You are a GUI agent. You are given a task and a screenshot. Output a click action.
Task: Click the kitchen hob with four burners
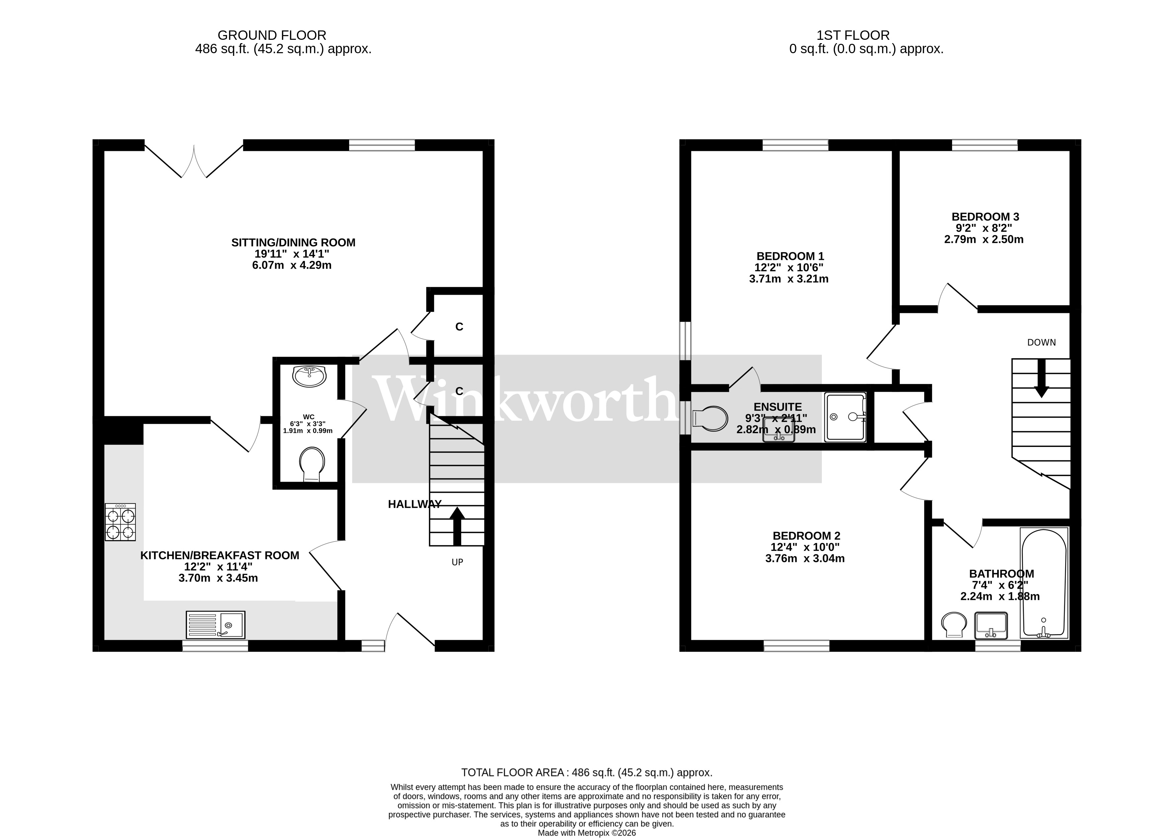pyautogui.click(x=120, y=522)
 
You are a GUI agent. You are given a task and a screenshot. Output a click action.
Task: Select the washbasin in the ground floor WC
pyautogui.click(x=309, y=376)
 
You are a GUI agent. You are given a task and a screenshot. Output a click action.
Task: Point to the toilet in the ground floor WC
pyautogui.click(x=312, y=463)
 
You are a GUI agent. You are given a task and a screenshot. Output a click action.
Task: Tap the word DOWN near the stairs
pyautogui.click(x=1041, y=343)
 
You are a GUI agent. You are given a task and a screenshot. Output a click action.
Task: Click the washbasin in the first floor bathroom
pyautogui.click(x=991, y=626)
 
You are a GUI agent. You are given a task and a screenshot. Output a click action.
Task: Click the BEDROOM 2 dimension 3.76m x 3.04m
pyautogui.click(x=805, y=558)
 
